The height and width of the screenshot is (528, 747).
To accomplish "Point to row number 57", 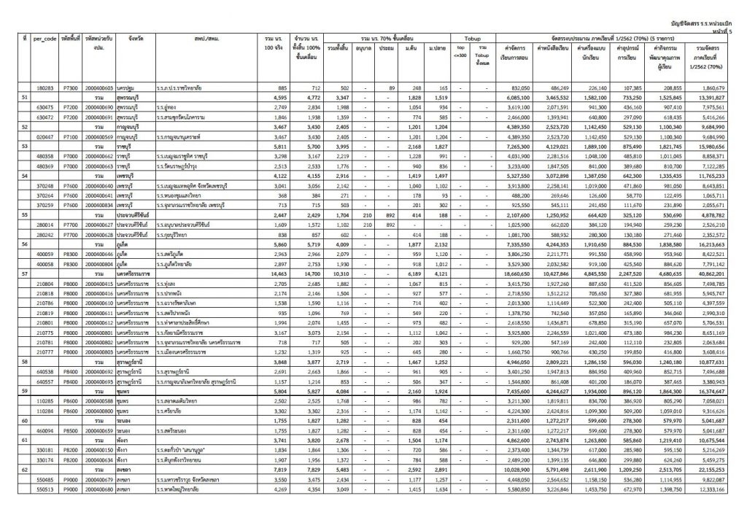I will point(25,272).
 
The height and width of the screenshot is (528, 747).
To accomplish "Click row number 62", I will point(25,491).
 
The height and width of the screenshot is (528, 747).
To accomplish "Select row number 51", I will point(25,96).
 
